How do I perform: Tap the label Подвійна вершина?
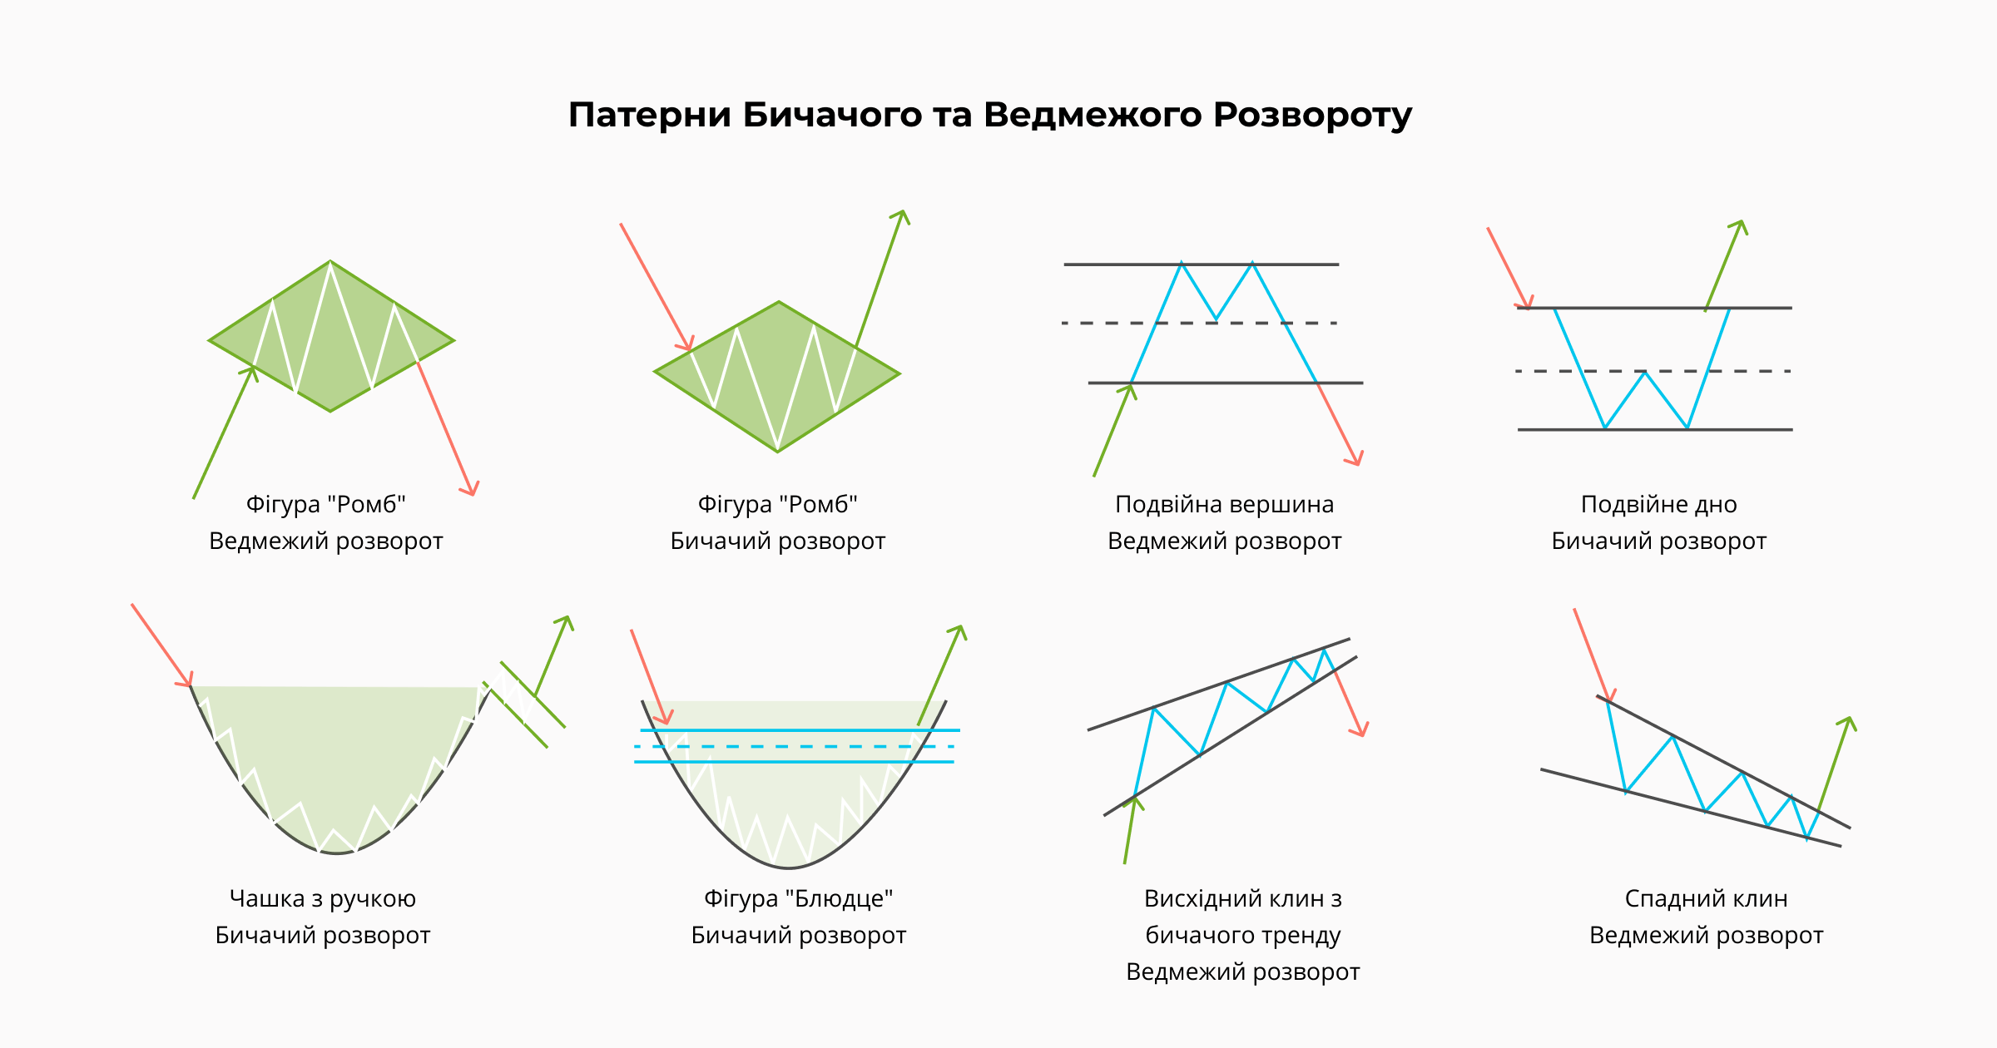(x=1224, y=505)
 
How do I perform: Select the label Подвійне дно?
(x=1658, y=505)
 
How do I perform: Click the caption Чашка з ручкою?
(x=322, y=899)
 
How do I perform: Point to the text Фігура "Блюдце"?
(x=798, y=899)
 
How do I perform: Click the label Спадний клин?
(x=1706, y=899)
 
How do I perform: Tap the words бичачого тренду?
(x=1242, y=936)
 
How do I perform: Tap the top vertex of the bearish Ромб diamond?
(x=330, y=262)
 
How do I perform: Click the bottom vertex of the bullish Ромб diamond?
(x=777, y=451)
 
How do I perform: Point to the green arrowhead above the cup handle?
(x=567, y=620)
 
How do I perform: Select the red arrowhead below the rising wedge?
(x=1360, y=730)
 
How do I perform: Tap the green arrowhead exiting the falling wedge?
(x=1848, y=722)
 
